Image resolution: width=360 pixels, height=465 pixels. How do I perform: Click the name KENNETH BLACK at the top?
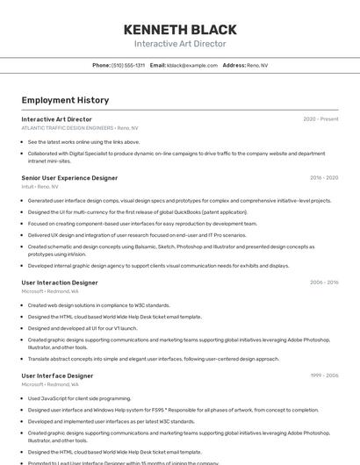(179, 29)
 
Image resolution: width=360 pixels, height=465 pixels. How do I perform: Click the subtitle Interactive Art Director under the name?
(179, 44)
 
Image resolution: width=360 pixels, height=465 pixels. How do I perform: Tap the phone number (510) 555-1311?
(128, 66)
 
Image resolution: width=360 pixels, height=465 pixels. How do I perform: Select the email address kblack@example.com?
(192, 66)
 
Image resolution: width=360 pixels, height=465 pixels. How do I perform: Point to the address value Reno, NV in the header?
(257, 66)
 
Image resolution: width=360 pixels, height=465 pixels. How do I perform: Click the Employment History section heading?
(65, 101)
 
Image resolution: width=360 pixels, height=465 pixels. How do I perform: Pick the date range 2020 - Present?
(320, 119)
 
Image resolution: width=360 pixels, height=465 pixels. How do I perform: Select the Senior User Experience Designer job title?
(69, 178)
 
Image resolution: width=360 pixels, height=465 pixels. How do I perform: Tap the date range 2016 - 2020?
(324, 178)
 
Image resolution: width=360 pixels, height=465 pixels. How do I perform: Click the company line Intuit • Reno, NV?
(40, 187)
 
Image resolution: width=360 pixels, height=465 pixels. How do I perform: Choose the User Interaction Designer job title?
(60, 283)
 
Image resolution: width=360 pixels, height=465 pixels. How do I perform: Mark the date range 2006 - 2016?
(324, 283)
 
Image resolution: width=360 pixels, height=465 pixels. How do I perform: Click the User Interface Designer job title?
(57, 376)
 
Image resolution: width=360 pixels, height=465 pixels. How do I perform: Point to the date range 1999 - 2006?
(324, 376)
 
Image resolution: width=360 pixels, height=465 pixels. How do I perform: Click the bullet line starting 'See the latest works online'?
(83, 142)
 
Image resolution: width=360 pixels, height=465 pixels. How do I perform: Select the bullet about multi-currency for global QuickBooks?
(137, 212)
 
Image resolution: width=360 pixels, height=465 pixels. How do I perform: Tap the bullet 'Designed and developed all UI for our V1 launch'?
(94, 328)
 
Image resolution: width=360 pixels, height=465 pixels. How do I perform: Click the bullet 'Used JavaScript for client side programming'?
(79, 398)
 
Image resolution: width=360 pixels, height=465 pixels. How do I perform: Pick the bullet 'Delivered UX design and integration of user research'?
(137, 235)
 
